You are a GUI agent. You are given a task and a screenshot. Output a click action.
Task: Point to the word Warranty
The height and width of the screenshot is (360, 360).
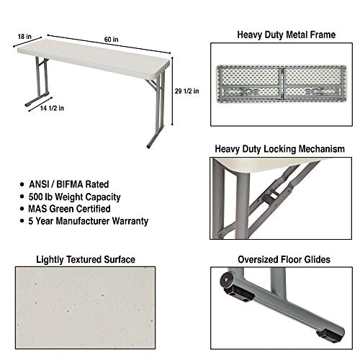click(x=129, y=221)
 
